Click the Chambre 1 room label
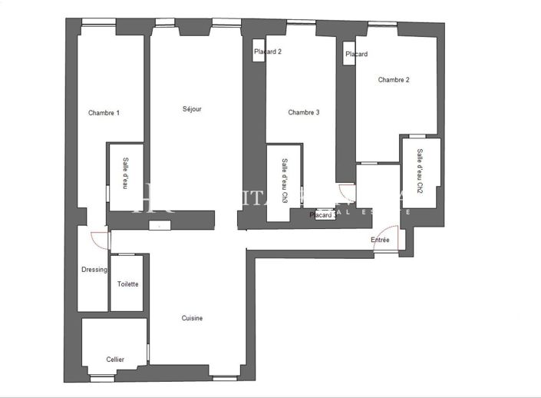(104, 113)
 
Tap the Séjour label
(192, 109)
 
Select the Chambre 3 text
(303, 112)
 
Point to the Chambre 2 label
(394, 80)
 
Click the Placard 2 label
(268, 51)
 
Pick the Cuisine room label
(192, 318)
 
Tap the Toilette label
(127, 284)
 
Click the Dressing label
(94, 270)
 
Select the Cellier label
(115, 359)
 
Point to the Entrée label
(380, 240)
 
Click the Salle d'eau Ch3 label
(285, 181)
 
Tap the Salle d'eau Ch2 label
(420, 171)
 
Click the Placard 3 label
(322, 216)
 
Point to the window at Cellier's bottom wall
(101, 377)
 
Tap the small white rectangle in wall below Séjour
(160, 225)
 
